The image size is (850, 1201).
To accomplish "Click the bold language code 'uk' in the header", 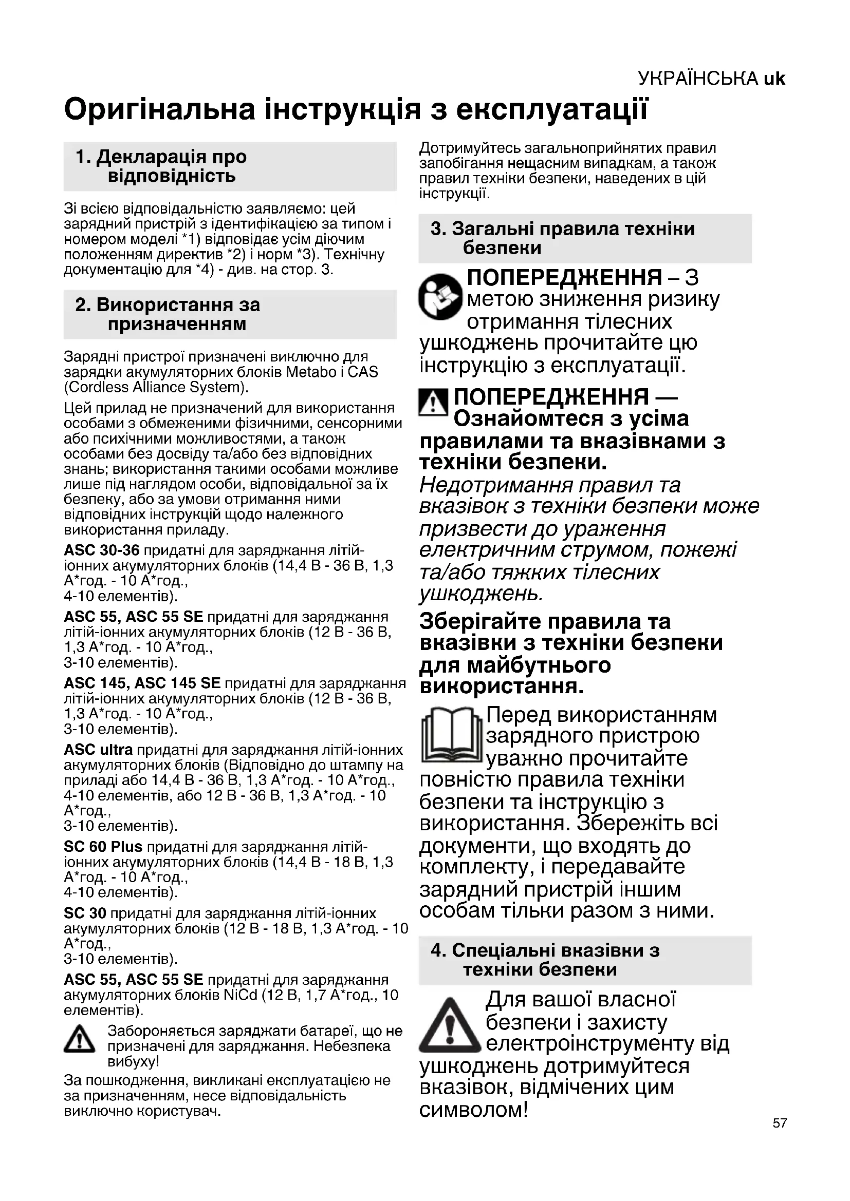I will [x=774, y=79].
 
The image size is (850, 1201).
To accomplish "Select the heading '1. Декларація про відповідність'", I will [x=161, y=166].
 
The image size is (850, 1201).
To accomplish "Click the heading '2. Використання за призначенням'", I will [x=168, y=314].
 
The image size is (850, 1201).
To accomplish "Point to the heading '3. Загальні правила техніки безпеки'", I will [x=563, y=238].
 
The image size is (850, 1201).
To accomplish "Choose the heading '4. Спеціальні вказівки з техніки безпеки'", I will [x=545, y=959].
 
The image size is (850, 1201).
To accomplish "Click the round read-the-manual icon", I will [x=440, y=297].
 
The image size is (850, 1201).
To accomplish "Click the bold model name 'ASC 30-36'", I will [x=102, y=550].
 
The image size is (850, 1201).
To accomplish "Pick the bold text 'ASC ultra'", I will [x=98, y=750].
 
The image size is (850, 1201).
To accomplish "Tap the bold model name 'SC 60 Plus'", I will [x=103, y=846].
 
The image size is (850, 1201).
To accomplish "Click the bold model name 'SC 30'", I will [x=85, y=913].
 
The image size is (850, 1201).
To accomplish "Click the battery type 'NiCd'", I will [x=240, y=995].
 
